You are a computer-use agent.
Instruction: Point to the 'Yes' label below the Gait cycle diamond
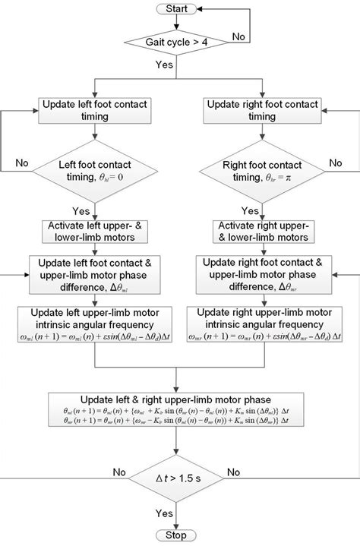[x=162, y=66]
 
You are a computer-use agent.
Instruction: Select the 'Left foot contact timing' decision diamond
[x=93, y=175]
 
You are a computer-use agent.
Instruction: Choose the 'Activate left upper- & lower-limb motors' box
[x=93, y=232]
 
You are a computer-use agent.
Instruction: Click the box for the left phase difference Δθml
[x=93, y=273]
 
